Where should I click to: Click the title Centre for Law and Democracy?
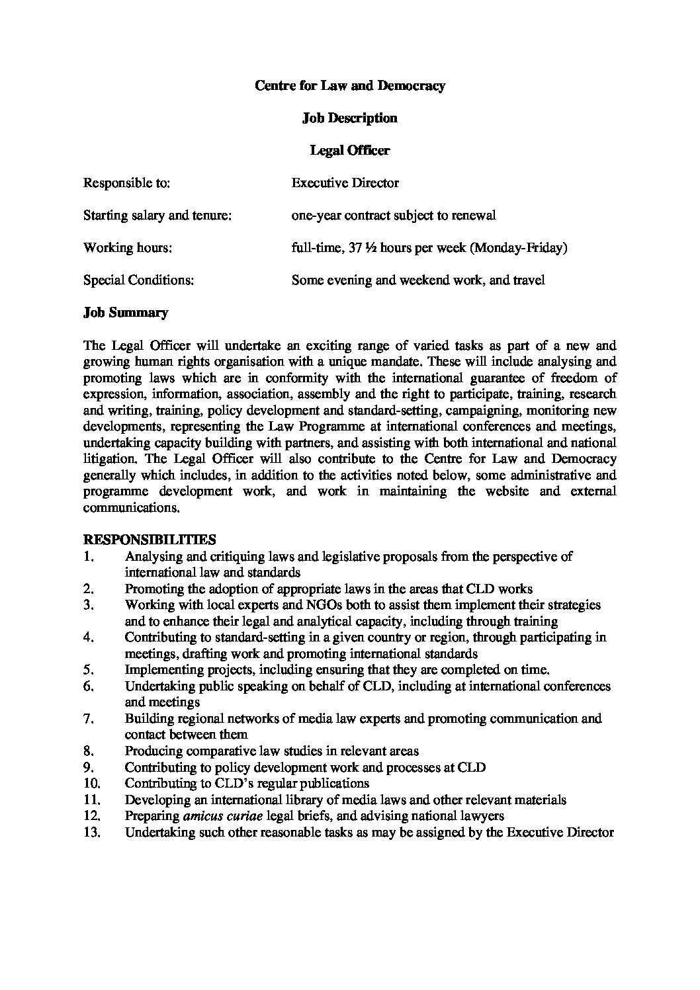click(350, 85)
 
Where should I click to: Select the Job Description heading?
click(349, 118)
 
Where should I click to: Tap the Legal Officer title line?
click(350, 150)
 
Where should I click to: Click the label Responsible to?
click(126, 183)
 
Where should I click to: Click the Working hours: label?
click(128, 248)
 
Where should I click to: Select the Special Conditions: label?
click(138, 280)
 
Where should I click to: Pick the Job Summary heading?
click(126, 313)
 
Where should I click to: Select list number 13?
click(93, 832)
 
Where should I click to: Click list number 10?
click(93, 784)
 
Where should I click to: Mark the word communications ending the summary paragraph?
click(131, 508)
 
